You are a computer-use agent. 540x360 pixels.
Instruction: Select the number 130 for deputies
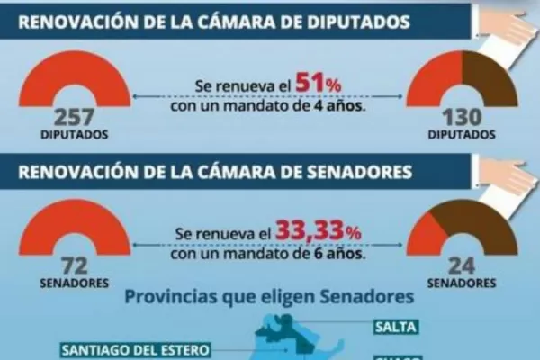pos(463,118)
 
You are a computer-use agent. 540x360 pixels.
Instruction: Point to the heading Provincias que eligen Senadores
pos(270,295)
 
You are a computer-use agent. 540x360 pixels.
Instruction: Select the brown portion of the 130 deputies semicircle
pos(491,76)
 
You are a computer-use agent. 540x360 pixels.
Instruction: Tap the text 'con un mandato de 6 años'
pos(268,253)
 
